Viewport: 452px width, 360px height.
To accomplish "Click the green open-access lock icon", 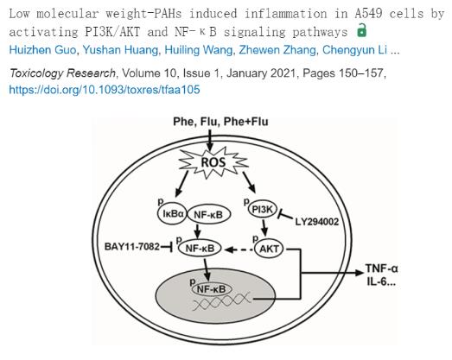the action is (361, 30).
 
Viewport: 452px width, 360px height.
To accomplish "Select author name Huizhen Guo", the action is (43, 50).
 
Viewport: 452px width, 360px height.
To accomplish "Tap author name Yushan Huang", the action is (120, 50).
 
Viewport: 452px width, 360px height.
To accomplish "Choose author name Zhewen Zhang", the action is (277, 50).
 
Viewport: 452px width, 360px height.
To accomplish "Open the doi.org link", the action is (105, 90).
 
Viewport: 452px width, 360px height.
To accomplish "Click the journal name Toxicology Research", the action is (62, 73).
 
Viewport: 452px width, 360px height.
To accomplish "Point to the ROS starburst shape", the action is (213, 162).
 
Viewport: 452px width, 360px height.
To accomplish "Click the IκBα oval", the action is (173, 214).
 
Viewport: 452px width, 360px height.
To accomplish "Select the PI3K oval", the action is (263, 209).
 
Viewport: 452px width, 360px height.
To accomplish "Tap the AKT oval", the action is (270, 249).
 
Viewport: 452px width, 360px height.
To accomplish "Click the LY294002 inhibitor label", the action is (317, 222).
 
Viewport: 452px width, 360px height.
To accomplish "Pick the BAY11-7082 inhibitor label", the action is (132, 247).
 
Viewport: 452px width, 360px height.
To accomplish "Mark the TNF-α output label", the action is (382, 268).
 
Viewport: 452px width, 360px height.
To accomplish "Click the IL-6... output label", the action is (381, 281).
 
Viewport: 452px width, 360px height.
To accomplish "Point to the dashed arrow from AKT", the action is (239, 249).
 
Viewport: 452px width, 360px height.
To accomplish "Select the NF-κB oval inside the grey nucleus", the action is (211, 289).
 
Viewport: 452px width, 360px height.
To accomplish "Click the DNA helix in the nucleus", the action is (221, 302).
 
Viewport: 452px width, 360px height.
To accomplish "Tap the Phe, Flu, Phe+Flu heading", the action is (220, 122).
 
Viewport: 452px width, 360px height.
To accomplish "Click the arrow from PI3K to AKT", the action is (264, 228).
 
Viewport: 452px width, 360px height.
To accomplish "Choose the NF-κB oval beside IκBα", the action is (208, 215).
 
